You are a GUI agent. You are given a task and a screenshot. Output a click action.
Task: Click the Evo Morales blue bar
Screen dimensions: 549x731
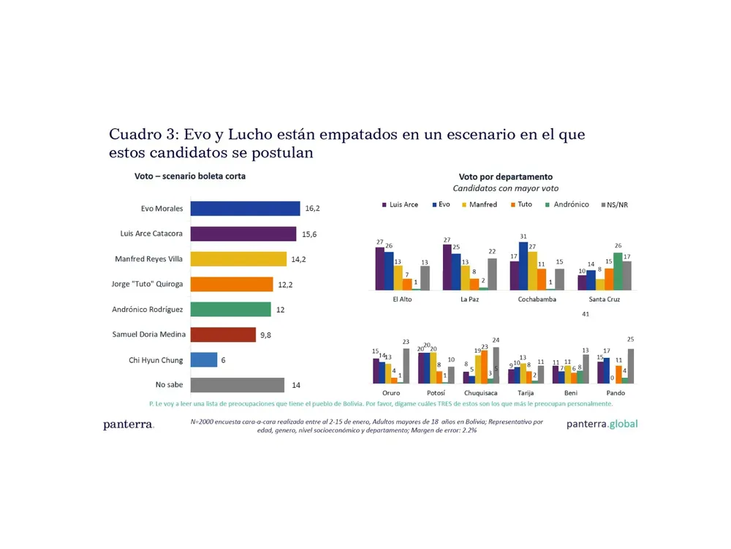point(245,209)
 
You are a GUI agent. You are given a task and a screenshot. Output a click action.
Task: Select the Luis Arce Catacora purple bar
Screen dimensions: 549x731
point(243,234)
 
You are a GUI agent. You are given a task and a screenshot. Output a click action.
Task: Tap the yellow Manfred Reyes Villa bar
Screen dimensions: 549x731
point(238,259)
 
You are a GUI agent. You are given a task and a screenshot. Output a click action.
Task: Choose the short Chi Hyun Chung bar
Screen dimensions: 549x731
point(204,359)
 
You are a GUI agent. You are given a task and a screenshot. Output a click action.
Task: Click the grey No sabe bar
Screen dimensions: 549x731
point(237,385)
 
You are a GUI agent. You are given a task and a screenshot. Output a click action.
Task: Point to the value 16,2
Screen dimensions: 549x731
point(312,209)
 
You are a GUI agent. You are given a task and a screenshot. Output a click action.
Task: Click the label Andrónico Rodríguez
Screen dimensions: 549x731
point(148,310)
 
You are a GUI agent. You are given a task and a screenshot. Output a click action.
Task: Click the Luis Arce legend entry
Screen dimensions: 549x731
point(399,204)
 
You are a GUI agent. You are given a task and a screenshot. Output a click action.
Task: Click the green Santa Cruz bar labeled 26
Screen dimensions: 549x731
point(618,271)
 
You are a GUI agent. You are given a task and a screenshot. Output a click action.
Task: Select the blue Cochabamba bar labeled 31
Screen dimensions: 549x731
point(523,266)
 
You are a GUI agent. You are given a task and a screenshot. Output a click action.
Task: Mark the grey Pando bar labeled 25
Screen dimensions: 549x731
point(630,365)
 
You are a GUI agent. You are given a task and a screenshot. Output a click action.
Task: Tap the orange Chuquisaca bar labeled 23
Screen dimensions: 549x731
point(484,367)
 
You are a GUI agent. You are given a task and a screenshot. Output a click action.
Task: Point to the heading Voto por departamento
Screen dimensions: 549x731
point(505,176)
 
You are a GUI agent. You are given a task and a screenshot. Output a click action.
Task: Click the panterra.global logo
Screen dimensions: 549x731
point(602,424)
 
